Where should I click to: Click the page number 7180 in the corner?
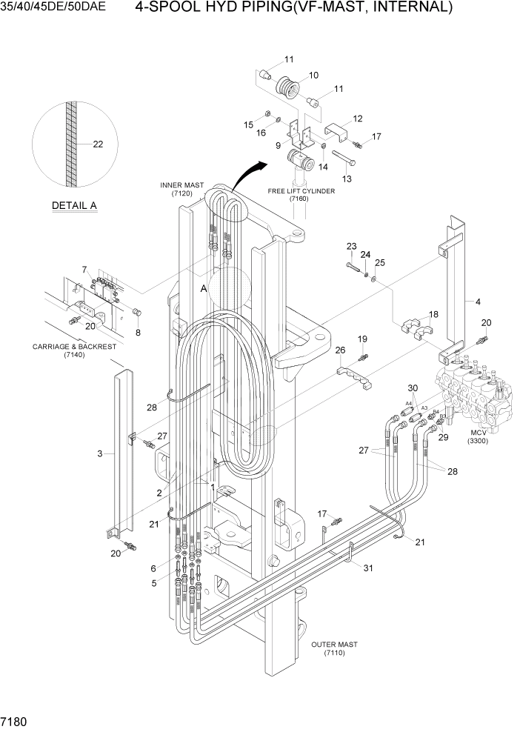pyautogui.click(x=16, y=721)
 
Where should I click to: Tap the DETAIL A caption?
pyautogui.click(x=74, y=205)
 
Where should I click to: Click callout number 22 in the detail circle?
pyautogui.click(x=98, y=144)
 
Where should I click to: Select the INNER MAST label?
pyautogui.click(x=176, y=189)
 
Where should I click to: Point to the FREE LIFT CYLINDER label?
pyautogui.click(x=301, y=195)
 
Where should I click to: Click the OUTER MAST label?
pyautogui.click(x=334, y=649)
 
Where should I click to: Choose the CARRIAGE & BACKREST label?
pyautogui.click(x=64, y=350)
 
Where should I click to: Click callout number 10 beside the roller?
pyautogui.click(x=313, y=75)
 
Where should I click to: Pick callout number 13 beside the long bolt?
pyautogui.click(x=347, y=178)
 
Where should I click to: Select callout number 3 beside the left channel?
pyautogui.click(x=100, y=453)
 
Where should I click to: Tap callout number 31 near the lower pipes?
pyautogui.click(x=367, y=568)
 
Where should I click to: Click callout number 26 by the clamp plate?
pyautogui.click(x=340, y=350)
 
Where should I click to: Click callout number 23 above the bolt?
pyautogui.click(x=351, y=246)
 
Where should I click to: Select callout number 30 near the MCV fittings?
pyautogui.click(x=413, y=388)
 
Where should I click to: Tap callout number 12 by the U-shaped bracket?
pyautogui.click(x=358, y=119)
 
